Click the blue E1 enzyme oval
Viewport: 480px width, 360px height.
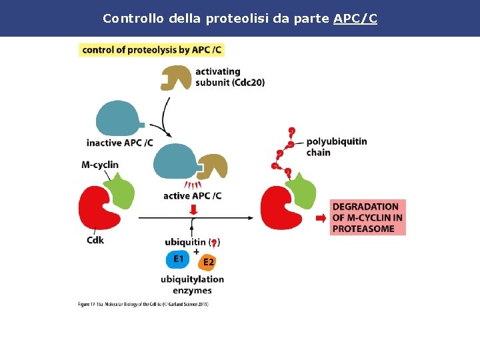tap(179, 259)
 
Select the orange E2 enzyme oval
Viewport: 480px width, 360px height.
tap(207, 261)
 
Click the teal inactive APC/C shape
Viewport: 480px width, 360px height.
tap(118, 119)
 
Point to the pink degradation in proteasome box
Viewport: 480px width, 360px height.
tap(367, 217)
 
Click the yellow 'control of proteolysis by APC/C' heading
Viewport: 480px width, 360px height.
tap(151, 49)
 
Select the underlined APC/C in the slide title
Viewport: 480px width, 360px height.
tap(355, 19)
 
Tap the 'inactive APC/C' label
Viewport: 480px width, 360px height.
tap(119, 143)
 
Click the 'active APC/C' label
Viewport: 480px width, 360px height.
tap(192, 196)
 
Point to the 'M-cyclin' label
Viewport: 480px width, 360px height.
tap(100, 165)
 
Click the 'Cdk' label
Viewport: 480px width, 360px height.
tap(95, 240)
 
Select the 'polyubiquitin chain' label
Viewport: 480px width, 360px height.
tap(336, 147)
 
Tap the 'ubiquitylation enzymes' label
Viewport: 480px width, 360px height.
tap(192, 285)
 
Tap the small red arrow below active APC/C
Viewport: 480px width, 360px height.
tap(194, 210)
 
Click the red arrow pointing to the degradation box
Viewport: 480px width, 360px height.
tap(321, 218)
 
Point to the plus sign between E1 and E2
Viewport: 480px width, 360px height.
tap(196, 251)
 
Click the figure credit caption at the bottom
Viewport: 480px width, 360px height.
tap(143, 305)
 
